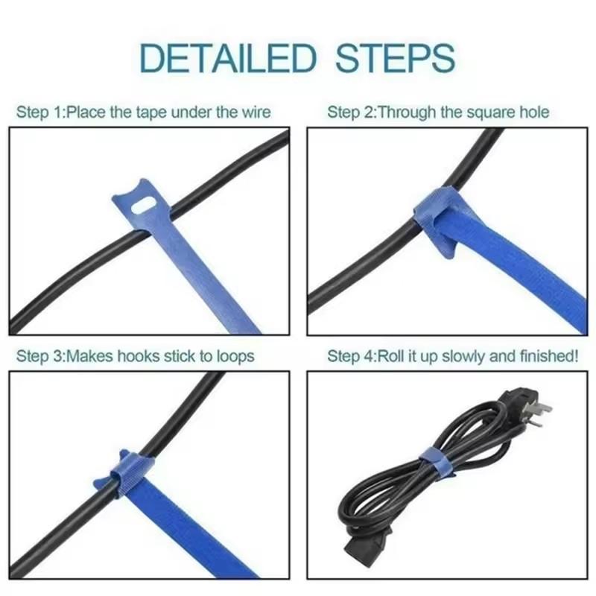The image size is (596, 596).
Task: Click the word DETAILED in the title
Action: [x=226, y=58]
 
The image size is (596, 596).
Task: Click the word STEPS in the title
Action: [x=394, y=58]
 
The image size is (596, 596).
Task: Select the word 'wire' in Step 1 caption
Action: [x=254, y=112]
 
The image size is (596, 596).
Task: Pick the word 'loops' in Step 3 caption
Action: [x=234, y=356]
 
